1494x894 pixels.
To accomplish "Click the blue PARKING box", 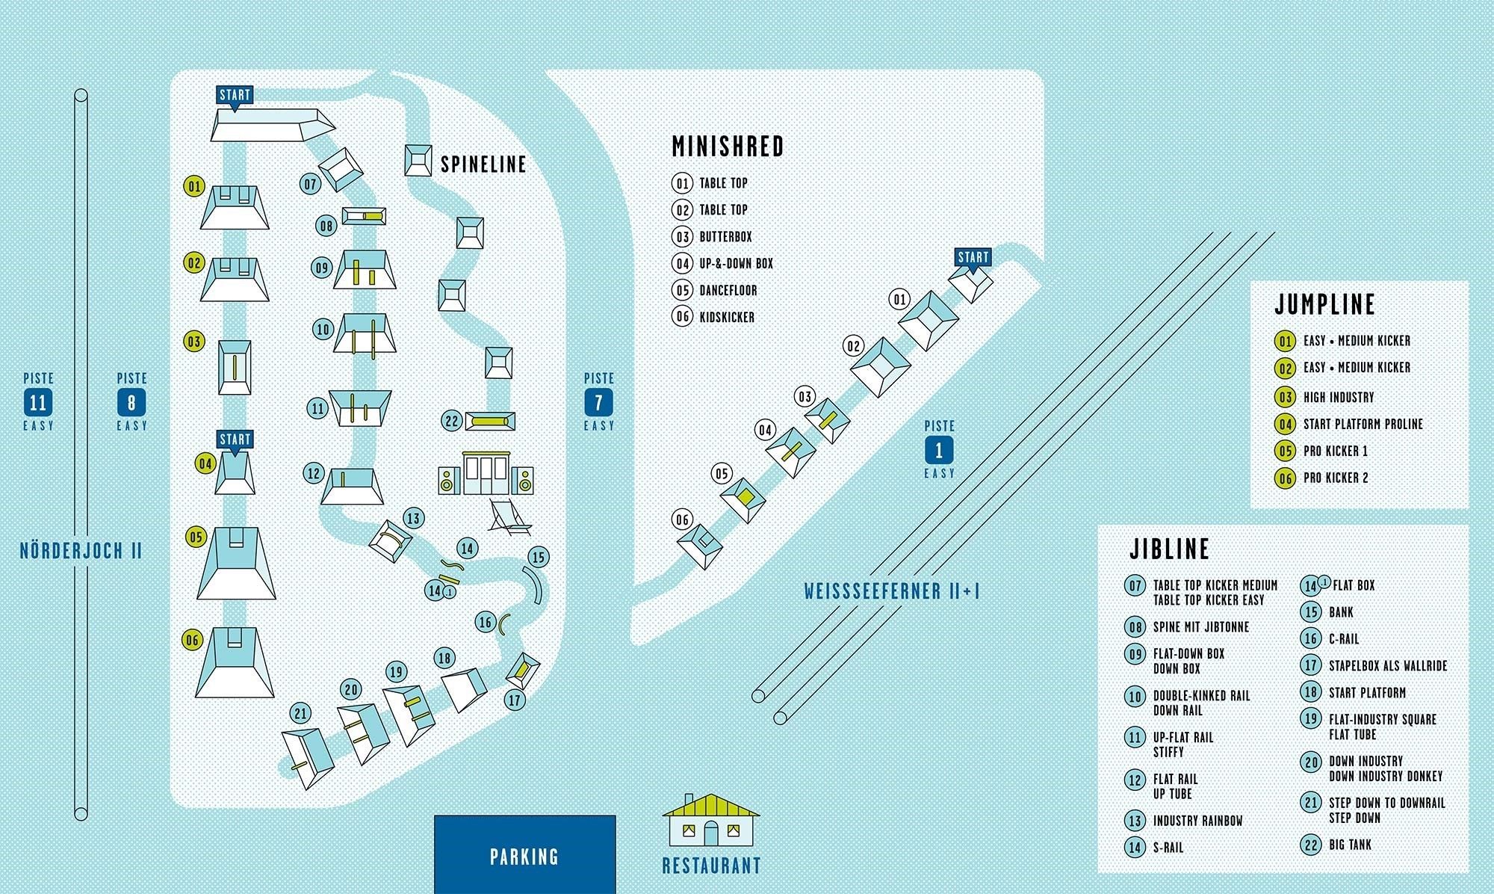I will [x=524, y=855].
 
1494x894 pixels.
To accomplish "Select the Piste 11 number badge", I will [x=37, y=403].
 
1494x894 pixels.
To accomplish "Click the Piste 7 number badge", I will [x=598, y=403].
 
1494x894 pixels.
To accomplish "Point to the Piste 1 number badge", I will [x=939, y=450].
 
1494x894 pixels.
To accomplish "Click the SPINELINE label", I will [x=483, y=164].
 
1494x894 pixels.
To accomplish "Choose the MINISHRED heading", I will [x=728, y=147].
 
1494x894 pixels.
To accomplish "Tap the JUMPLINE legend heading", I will [x=1324, y=304].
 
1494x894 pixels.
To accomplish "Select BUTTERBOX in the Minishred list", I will [x=725, y=237].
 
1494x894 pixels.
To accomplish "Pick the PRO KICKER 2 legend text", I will [x=1336, y=478].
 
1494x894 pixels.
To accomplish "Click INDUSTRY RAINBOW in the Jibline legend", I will [x=1197, y=821].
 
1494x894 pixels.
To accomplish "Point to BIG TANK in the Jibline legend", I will [x=1350, y=845].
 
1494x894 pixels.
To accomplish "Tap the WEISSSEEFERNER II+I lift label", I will [x=892, y=591].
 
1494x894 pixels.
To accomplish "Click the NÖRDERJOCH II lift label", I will [x=81, y=552].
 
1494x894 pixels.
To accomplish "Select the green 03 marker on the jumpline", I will [x=194, y=342].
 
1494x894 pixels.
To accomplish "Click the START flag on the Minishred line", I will [x=973, y=258].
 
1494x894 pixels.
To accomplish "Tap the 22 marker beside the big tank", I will [x=452, y=421].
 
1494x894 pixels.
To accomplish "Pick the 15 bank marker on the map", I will [x=538, y=557].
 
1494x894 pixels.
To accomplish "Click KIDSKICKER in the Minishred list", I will [x=726, y=317].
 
